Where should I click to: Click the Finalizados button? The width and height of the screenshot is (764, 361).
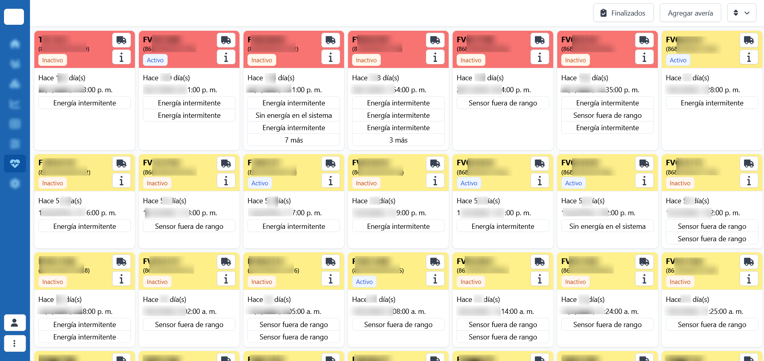click(623, 13)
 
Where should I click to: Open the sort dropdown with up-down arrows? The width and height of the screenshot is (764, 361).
click(741, 13)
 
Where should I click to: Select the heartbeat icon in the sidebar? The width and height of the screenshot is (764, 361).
click(15, 164)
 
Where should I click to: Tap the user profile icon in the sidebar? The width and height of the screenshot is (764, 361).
click(15, 323)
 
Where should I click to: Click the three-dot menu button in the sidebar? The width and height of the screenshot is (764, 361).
click(15, 343)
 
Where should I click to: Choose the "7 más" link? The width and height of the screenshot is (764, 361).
click(294, 140)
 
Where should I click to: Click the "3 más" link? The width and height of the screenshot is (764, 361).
click(398, 140)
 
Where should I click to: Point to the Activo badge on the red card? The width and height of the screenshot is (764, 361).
click(155, 60)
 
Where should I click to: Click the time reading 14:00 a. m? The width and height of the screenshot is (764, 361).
click(517, 311)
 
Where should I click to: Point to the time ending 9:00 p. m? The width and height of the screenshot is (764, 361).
click(411, 213)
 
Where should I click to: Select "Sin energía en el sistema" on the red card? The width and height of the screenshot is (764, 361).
click(294, 115)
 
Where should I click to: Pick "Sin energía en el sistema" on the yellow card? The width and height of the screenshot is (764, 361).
click(607, 226)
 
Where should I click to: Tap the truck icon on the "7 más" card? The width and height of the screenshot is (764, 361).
click(331, 40)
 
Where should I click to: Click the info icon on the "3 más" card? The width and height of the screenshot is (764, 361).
click(435, 58)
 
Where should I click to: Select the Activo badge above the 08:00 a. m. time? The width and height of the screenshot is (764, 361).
click(364, 282)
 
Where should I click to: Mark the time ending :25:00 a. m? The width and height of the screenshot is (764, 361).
click(726, 311)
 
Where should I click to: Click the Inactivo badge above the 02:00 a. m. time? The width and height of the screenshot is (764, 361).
click(157, 282)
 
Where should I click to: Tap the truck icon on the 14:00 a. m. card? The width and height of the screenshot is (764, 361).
click(540, 262)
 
